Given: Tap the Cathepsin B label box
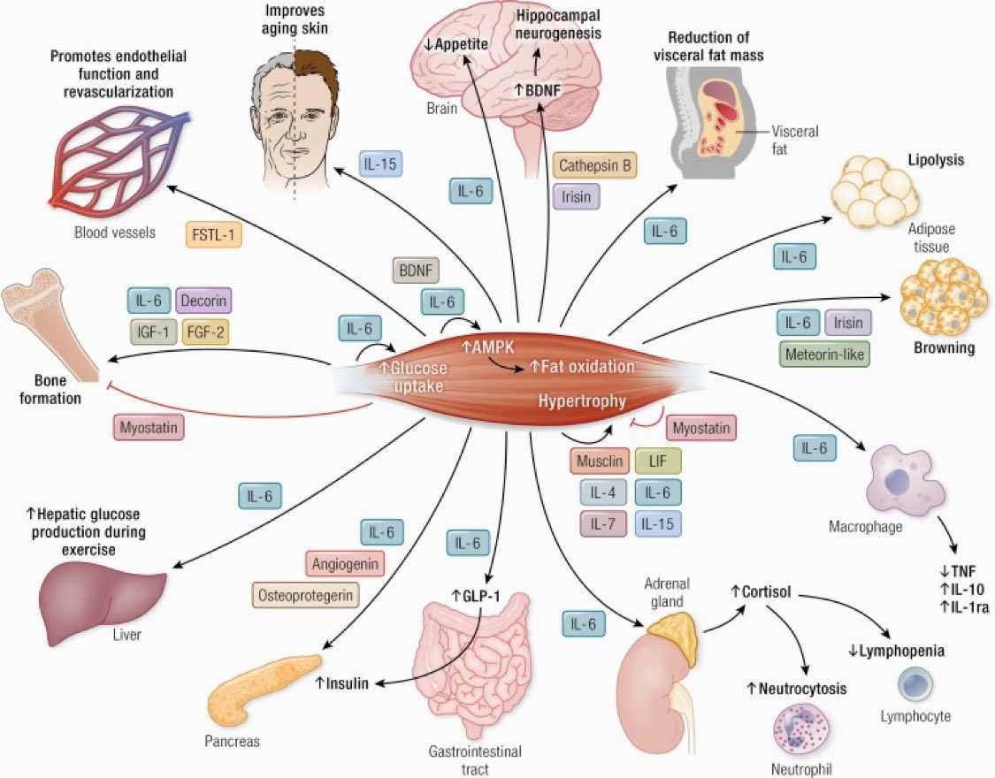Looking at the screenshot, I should coord(595,164).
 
